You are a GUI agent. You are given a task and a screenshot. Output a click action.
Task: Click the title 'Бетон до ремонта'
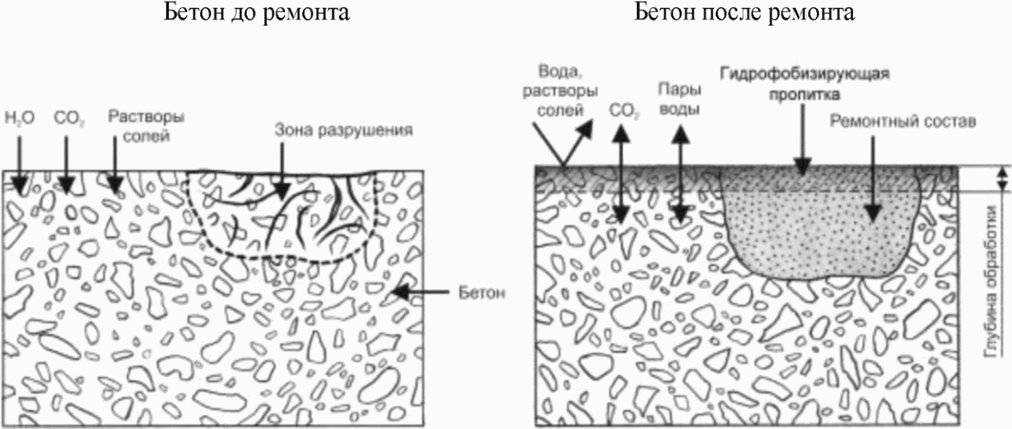click(x=257, y=13)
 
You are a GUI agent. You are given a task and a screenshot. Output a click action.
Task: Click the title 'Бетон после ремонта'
click(x=744, y=13)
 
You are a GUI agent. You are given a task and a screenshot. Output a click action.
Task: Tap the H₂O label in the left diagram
click(x=20, y=118)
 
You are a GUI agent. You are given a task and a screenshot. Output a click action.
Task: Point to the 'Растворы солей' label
click(x=146, y=126)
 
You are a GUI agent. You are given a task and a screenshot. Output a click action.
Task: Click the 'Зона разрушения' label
click(x=343, y=130)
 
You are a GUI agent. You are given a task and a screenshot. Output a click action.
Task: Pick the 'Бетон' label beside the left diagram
click(x=482, y=293)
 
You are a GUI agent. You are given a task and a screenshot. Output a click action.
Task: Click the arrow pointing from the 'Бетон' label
click(x=420, y=293)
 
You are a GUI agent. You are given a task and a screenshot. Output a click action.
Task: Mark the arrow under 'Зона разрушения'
click(x=282, y=171)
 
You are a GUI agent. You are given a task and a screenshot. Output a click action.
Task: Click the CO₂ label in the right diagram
click(x=624, y=111)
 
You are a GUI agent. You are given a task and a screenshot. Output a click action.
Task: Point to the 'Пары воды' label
click(x=679, y=99)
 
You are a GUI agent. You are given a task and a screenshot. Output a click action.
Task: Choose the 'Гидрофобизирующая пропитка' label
click(x=804, y=84)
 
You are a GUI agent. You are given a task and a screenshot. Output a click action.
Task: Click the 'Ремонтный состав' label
click(x=902, y=121)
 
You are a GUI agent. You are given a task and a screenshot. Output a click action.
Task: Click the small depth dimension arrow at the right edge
click(x=1002, y=178)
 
